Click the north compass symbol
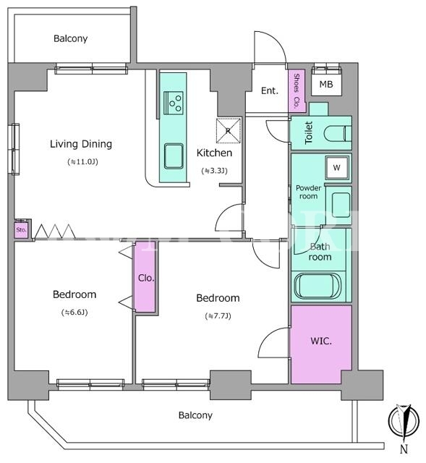click(x=404, y=420)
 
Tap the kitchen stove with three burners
click(x=174, y=103)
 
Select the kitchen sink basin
click(x=174, y=156)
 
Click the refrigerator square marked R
click(x=229, y=130)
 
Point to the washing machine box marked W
click(x=337, y=167)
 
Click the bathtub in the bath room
click(x=318, y=286)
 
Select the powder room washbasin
click(x=341, y=205)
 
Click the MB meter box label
click(x=326, y=85)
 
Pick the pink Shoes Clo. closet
click(x=297, y=91)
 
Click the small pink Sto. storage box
click(x=21, y=229)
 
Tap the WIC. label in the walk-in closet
click(x=321, y=341)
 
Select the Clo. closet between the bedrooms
click(x=145, y=276)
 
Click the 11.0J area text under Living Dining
click(x=82, y=162)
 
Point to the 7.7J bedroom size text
click(x=218, y=316)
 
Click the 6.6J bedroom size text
click(x=74, y=313)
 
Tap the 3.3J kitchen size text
click(x=214, y=171)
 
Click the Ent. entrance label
click(x=270, y=90)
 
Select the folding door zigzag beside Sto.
click(x=55, y=231)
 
